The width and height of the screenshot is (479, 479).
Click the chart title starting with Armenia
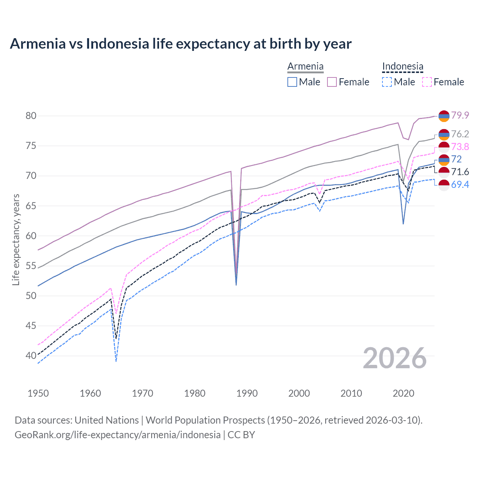180,44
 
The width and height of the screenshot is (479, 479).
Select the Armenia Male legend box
292,82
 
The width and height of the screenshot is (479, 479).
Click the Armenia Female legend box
332,82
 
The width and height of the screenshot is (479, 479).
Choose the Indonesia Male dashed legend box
387,82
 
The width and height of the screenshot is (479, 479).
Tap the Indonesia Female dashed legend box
427,82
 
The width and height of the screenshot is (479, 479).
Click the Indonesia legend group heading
403,67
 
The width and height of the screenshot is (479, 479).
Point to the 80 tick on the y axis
31,116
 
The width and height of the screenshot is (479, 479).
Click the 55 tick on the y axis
31,266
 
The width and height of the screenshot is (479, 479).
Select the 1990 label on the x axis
247,393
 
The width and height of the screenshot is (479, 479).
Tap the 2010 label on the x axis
351,393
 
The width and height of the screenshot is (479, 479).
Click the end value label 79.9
460,115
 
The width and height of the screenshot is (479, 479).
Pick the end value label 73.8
460,147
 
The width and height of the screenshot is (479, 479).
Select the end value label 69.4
460,184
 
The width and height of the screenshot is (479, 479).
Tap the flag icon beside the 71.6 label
444,173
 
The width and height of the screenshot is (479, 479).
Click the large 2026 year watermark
395,358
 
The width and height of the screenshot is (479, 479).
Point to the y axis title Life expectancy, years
16,239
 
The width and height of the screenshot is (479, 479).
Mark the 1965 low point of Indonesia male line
116,361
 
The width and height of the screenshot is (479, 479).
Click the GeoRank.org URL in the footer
118,435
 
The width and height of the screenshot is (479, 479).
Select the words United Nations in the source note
107,420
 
